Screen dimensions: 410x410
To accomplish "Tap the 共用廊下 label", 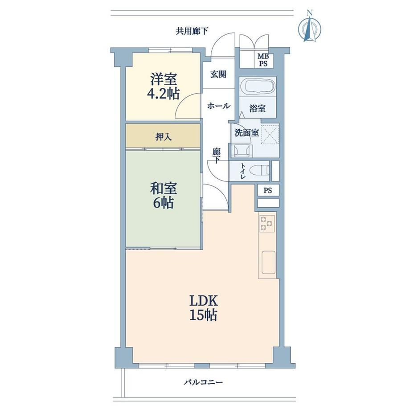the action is click(x=192, y=31).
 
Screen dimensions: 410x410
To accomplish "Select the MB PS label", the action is click(x=263, y=60).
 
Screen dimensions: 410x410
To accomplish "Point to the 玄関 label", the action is click(x=218, y=74).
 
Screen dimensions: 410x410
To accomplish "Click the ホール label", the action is click(x=219, y=106).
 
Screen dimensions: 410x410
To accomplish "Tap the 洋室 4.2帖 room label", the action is click(x=163, y=86).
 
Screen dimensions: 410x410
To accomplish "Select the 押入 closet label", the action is click(x=164, y=137).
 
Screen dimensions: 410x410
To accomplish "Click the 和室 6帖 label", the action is click(x=163, y=195).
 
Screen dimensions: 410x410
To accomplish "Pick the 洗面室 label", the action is click(x=246, y=133).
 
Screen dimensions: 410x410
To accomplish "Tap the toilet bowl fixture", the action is click(x=259, y=171).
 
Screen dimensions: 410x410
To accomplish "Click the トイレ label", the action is click(x=243, y=171).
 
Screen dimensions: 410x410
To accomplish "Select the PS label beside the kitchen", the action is click(x=267, y=191).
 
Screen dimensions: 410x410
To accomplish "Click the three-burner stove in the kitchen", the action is click(x=267, y=223).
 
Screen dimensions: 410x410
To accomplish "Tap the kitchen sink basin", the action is click(x=268, y=262).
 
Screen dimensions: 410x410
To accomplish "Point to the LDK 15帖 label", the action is click(x=203, y=308).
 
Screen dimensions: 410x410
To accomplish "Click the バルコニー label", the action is click(x=203, y=382).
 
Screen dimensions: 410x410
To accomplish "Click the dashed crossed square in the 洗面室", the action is click(x=270, y=134).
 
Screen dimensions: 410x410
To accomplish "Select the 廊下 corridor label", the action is click(x=216, y=156).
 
